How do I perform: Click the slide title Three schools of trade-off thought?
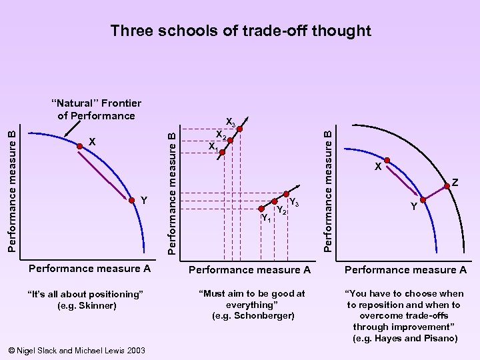(x=240, y=31)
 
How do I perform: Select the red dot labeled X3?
(x=240, y=131)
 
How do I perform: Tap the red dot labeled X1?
(x=223, y=153)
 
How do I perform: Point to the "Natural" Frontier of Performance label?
(x=97, y=109)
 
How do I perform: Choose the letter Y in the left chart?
(x=143, y=199)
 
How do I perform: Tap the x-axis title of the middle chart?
(x=250, y=270)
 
